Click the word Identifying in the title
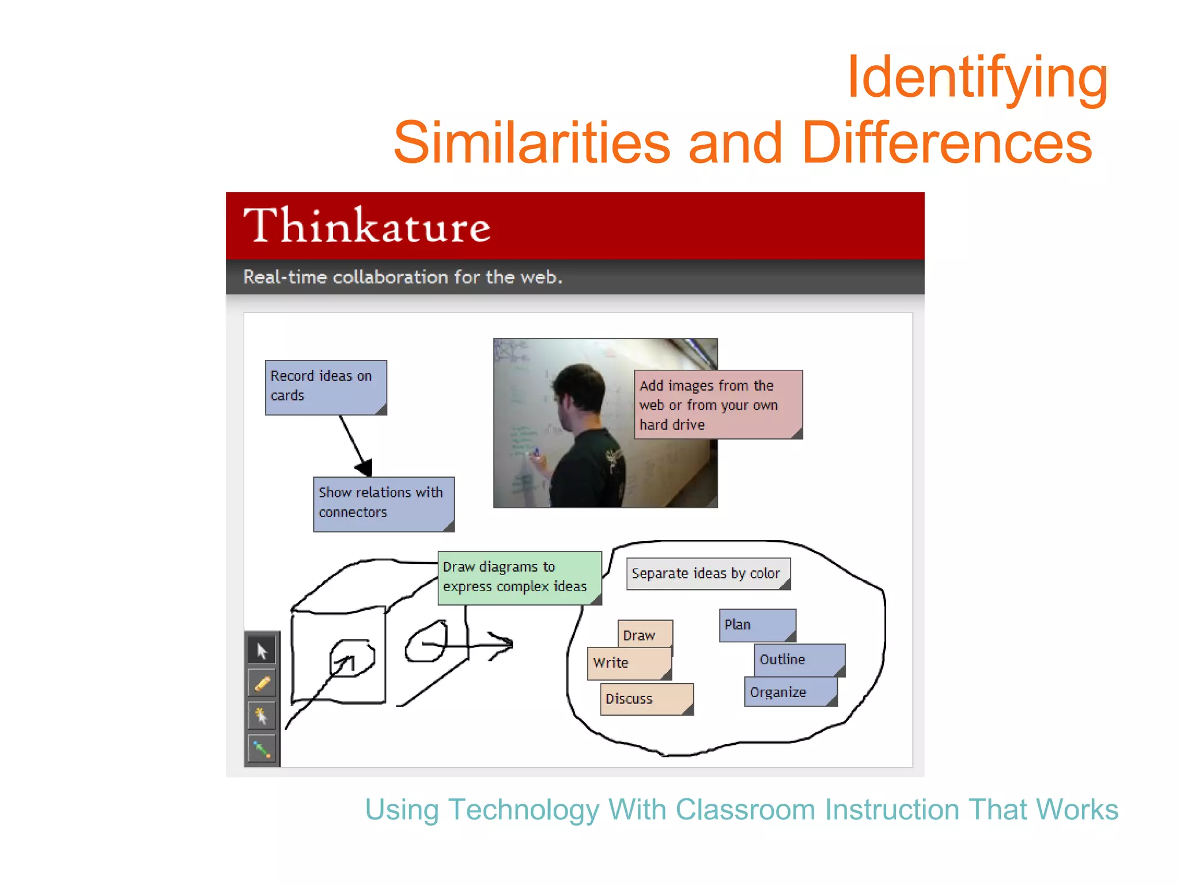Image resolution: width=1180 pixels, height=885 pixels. click(978, 77)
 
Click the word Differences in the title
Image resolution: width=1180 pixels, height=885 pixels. click(946, 143)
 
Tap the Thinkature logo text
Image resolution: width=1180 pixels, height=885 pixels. click(367, 226)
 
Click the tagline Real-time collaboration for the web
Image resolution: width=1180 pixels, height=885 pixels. click(403, 277)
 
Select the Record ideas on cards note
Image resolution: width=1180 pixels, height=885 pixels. click(326, 387)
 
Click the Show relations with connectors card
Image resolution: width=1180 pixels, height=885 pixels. click(383, 504)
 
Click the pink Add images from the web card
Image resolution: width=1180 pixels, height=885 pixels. click(717, 404)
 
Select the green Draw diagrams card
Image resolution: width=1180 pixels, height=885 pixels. click(519, 577)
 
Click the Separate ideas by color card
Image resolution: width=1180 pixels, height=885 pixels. click(708, 573)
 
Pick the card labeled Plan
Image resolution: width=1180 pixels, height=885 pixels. click(757, 625)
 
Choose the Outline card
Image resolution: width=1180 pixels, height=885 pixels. click(798, 660)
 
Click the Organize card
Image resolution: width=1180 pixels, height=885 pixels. click(789, 692)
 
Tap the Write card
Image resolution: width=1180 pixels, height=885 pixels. click(628, 663)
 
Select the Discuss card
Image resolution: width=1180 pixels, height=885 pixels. click(645, 699)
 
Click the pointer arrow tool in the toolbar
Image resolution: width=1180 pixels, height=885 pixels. click(262, 651)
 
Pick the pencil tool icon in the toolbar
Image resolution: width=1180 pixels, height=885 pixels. click(262, 684)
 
